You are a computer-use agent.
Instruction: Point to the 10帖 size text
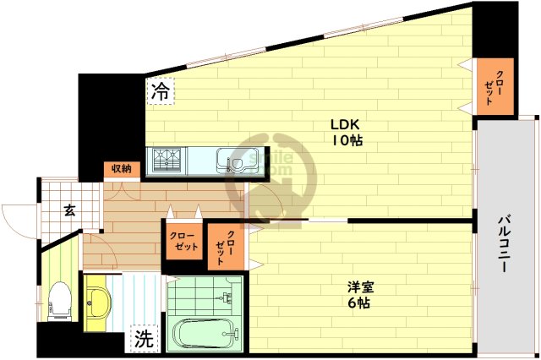347,141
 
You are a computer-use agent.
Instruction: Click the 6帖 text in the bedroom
355,303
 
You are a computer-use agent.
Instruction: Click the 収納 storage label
121,169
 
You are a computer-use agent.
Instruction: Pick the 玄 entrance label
71,211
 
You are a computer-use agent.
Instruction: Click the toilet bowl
60,297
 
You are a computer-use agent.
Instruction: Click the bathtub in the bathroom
204,333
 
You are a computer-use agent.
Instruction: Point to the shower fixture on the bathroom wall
226,297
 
